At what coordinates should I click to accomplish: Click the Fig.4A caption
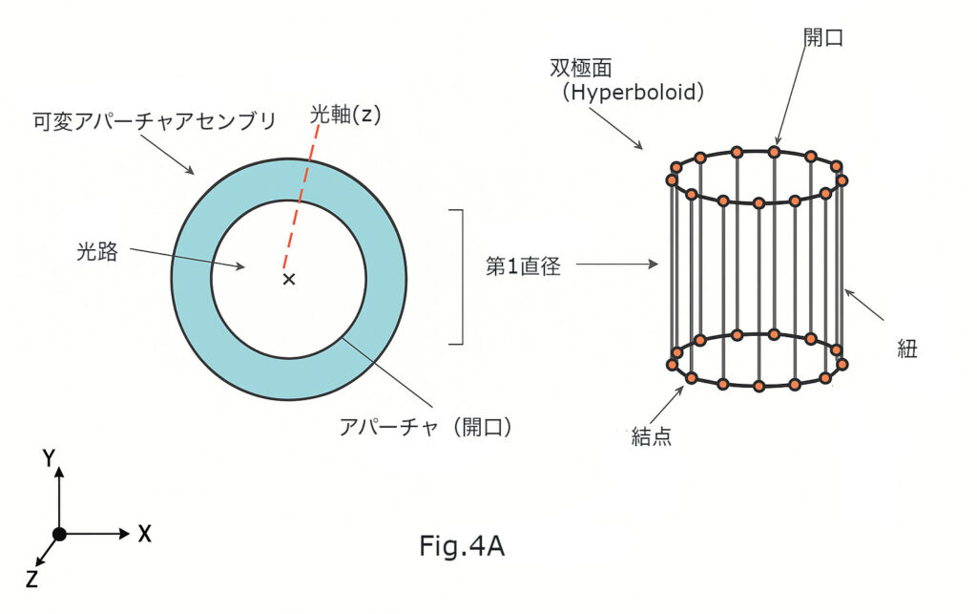461,546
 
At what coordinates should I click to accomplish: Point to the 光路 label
97,252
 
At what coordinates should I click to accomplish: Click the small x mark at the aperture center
289,279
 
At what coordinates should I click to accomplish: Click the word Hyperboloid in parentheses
633,94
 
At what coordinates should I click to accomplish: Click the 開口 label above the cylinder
823,37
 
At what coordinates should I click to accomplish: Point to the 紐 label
906,349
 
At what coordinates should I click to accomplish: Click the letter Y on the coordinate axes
48,459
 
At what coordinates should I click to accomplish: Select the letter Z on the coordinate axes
31,579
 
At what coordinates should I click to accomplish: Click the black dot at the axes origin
59,534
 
